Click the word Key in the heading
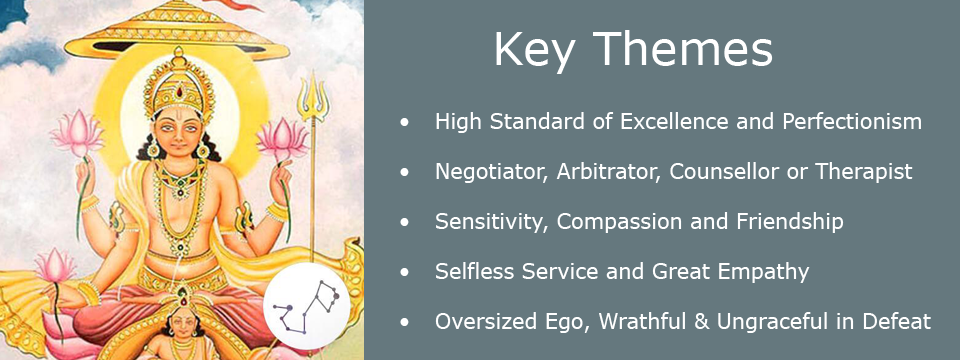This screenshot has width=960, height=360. tap(534, 50)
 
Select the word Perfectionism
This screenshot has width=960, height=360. tap(852, 122)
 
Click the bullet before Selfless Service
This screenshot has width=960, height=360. tap(404, 272)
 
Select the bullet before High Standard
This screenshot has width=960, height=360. tap(404, 122)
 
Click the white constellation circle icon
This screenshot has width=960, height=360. tap(307, 306)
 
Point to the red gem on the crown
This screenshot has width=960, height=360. tap(179, 91)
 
